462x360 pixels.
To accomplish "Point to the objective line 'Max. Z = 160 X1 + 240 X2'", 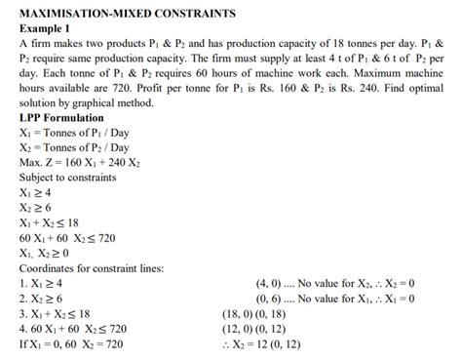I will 83,161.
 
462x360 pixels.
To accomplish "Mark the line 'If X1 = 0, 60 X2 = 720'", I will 72,344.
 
